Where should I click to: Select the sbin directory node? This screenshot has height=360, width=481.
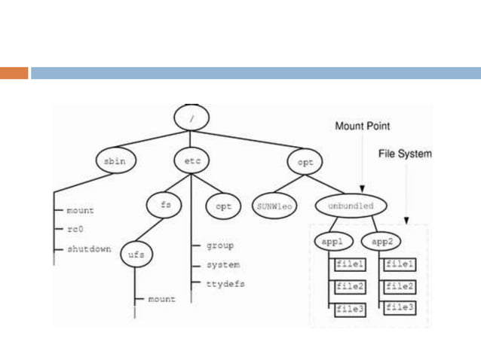click(x=113, y=161)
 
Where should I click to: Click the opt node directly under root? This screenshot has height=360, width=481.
click(x=305, y=161)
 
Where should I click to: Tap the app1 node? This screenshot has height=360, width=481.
click(x=331, y=243)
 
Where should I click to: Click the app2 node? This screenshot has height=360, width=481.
click(x=380, y=243)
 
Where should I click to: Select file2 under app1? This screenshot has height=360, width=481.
click(x=351, y=287)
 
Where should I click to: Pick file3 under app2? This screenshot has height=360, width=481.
click(x=400, y=308)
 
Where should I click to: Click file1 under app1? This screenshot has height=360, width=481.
click(x=351, y=265)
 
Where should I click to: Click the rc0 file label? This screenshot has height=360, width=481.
click(x=75, y=230)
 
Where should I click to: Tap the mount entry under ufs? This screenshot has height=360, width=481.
click(x=161, y=299)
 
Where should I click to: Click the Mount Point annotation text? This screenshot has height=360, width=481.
click(x=363, y=127)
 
